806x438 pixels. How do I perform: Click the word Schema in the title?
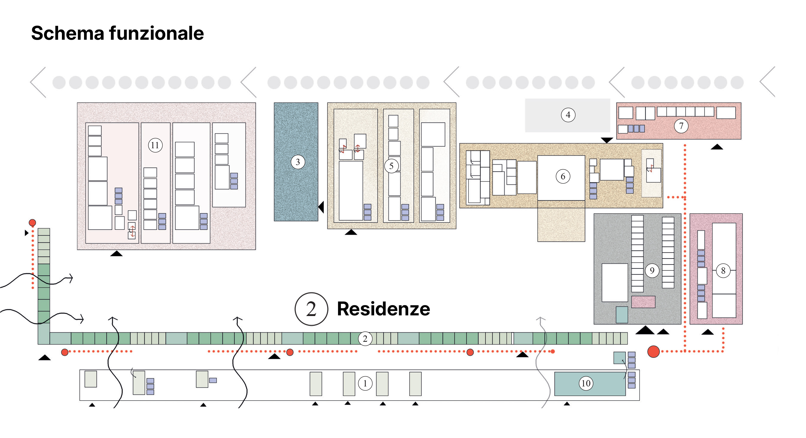coord(68,33)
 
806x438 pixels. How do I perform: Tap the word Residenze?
coord(383,309)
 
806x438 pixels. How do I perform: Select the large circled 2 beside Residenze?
coord(311,309)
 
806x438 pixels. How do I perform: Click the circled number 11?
coord(155,145)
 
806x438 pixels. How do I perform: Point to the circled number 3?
coord(298,162)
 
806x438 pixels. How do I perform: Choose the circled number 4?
coord(568,115)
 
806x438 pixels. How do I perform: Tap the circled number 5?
coord(391,166)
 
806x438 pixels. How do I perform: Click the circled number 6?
coord(563,177)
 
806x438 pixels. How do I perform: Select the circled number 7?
coord(681,126)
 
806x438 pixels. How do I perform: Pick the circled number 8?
coord(723,271)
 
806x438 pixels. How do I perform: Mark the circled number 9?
coord(652,270)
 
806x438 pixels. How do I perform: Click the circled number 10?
coord(586,383)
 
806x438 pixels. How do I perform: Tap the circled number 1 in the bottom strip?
coord(365,383)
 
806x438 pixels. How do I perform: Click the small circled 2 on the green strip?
coord(365,339)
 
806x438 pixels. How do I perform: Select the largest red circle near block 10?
coord(653,352)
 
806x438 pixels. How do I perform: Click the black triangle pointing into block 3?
coord(321,207)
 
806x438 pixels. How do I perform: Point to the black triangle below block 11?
coord(116,253)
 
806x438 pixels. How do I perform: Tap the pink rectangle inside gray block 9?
coord(643,302)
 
